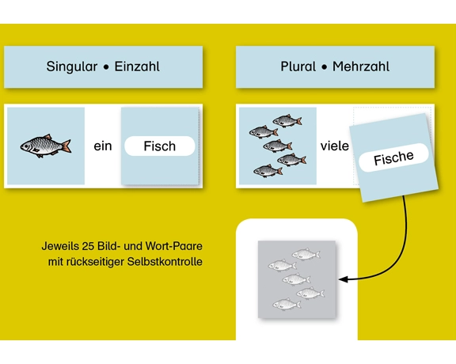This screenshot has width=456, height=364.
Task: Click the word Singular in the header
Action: point(72,67)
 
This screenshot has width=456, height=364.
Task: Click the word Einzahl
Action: point(137,66)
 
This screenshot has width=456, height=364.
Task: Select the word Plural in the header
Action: point(298,66)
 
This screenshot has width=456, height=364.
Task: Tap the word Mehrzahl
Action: point(361,66)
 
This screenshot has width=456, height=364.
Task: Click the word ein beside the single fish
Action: point(103,146)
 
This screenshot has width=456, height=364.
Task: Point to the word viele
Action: point(334,146)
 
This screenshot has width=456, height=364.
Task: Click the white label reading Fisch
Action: point(160,146)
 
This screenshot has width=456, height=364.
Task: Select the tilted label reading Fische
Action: point(393,157)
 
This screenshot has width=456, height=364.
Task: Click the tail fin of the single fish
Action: point(66,146)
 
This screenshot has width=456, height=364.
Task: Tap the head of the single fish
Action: point(25,146)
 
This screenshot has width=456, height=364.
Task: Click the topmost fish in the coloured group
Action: point(287,120)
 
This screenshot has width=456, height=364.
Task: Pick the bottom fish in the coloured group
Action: point(268,171)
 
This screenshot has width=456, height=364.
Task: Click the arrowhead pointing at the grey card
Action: point(343,279)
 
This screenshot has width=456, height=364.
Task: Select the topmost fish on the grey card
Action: point(306,254)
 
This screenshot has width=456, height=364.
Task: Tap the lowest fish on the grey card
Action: point(287,304)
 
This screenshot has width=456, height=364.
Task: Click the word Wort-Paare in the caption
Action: point(173,246)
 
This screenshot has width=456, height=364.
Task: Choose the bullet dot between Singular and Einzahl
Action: point(106,67)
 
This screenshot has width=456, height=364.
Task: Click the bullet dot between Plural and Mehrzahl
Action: point(325,67)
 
